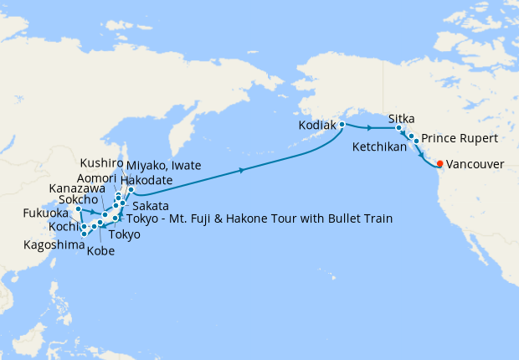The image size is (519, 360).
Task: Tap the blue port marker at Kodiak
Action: pyautogui.click(x=342, y=125)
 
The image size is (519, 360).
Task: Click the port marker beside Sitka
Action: pyautogui.click(x=398, y=128)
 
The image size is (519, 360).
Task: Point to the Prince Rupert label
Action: pyautogui.click(x=460, y=137)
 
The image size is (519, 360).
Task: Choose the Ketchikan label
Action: pyautogui.click(x=379, y=147)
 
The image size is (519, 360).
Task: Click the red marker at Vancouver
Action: pyautogui.click(x=440, y=164)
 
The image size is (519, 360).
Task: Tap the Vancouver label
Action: pyautogui.click(x=475, y=165)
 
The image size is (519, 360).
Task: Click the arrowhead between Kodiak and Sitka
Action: pyautogui.click(x=369, y=128)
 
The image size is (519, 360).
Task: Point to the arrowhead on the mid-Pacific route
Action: pyautogui.click(x=243, y=170)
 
